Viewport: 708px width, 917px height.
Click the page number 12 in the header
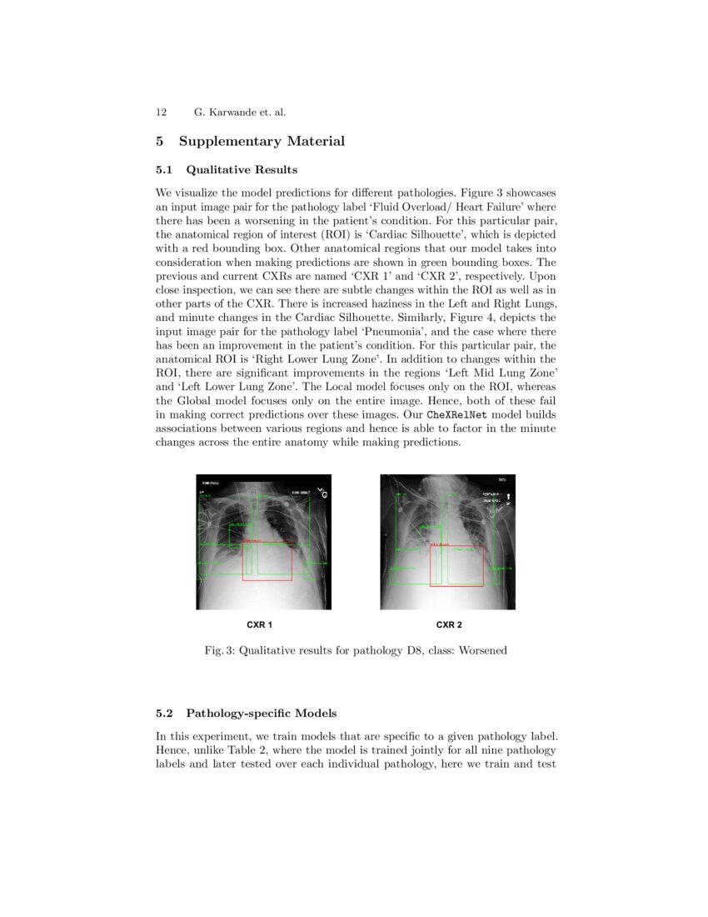pyautogui.click(x=162, y=112)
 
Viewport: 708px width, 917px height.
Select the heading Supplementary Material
pyautogui.click(x=262, y=141)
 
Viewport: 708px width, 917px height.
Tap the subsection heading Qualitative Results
pyautogui.click(x=242, y=170)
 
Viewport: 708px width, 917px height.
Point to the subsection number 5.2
pyautogui.click(x=165, y=714)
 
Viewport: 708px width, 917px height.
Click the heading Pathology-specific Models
pyautogui.click(x=262, y=714)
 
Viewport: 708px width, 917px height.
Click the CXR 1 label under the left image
pyautogui.click(x=260, y=624)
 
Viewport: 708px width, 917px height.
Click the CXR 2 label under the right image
pyautogui.click(x=449, y=624)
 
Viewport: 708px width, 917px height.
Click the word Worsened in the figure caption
pyautogui.click(x=482, y=650)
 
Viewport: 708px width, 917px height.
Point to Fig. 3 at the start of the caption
pyautogui.click(x=218, y=650)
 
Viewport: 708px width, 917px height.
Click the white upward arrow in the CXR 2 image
pyautogui.click(x=508, y=497)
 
